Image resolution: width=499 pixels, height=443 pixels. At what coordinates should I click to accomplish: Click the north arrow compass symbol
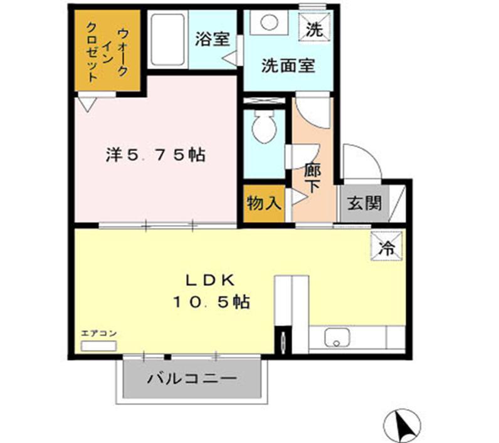pyautogui.click(x=402, y=425)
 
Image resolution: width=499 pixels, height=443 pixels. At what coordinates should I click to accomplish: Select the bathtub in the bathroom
pyautogui.click(x=168, y=39)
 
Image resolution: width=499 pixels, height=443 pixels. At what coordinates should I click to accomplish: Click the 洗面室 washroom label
pyautogui.click(x=288, y=66)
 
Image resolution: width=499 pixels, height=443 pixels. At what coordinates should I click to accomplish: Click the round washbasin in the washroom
pyautogui.click(x=269, y=23)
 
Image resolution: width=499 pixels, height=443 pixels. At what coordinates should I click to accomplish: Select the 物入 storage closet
pyautogui.click(x=264, y=203)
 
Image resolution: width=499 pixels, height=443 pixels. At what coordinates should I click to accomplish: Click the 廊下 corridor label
pyautogui.click(x=312, y=178)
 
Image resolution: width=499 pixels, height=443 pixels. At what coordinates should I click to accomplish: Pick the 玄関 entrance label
pyautogui.click(x=364, y=203)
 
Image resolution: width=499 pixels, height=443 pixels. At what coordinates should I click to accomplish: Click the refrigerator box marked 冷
pyautogui.click(x=387, y=246)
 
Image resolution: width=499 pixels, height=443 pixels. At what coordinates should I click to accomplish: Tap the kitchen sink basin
pyautogui.click(x=337, y=338)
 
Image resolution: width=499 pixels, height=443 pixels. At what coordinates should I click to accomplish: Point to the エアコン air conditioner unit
pyautogui.click(x=98, y=346)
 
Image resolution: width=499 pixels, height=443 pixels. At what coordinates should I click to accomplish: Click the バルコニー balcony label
pyautogui.click(x=192, y=378)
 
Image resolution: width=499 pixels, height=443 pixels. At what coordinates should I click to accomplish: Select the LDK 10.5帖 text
pyautogui.click(x=211, y=291)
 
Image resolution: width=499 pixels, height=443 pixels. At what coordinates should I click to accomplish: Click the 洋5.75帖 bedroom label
pyautogui.click(x=155, y=155)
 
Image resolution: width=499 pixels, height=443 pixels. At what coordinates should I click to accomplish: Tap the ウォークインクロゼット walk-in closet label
pyautogui.click(x=107, y=51)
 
